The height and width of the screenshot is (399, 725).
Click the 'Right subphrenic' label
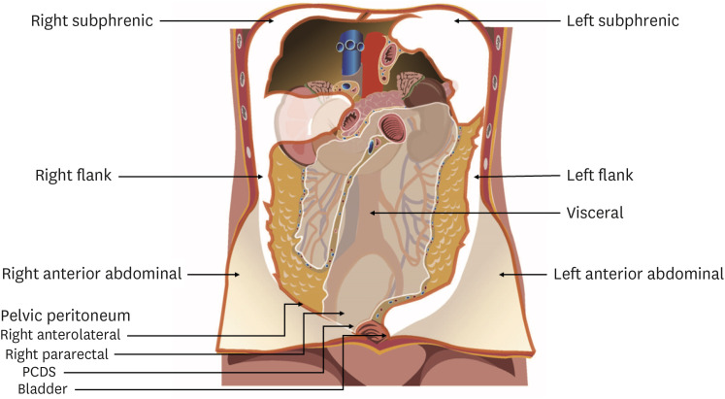(80, 19)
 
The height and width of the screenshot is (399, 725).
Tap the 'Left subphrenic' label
(622, 19)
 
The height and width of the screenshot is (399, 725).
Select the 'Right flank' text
(71, 177)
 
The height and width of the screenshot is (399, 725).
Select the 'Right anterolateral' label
(69, 335)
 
